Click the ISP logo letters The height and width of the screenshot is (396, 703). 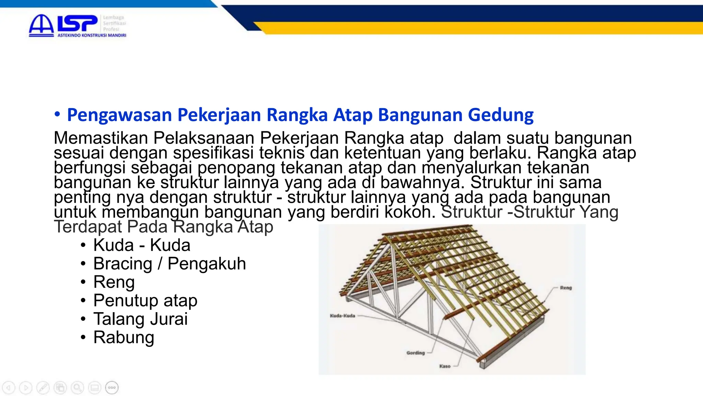[x=77, y=23]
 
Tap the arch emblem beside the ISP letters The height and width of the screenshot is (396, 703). [x=41, y=25]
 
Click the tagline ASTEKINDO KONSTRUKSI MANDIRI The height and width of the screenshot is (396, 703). [x=92, y=35]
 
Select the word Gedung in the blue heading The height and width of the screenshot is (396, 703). [x=501, y=115]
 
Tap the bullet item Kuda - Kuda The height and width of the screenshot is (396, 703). [x=141, y=245]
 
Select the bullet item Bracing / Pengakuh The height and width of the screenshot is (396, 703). [x=170, y=264]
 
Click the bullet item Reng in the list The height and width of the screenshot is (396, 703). [x=114, y=282]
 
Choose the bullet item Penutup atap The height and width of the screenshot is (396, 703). [x=145, y=300]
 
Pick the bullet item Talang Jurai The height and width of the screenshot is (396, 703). [x=140, y=319]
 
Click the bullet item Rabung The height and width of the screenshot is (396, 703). [x=124, y=337]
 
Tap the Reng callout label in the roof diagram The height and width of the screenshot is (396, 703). [x=566, y=288]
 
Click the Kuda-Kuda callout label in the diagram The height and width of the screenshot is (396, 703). [x=342, y=316]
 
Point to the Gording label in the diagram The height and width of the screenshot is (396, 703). [x=415, y=353]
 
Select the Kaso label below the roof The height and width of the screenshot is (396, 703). [x=445, y=366]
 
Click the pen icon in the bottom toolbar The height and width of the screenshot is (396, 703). [x=43, y=388]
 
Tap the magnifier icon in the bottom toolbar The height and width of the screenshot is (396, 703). [x=77, y=388]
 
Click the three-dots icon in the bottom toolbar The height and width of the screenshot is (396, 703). [x=112, y=388]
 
